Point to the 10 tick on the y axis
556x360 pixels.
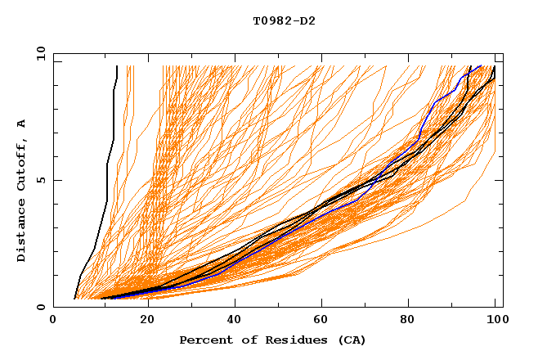pos(40,53)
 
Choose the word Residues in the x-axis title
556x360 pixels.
pos(291,340)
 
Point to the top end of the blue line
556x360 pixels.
pos(482,68)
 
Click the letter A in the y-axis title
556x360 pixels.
pos(22,124)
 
